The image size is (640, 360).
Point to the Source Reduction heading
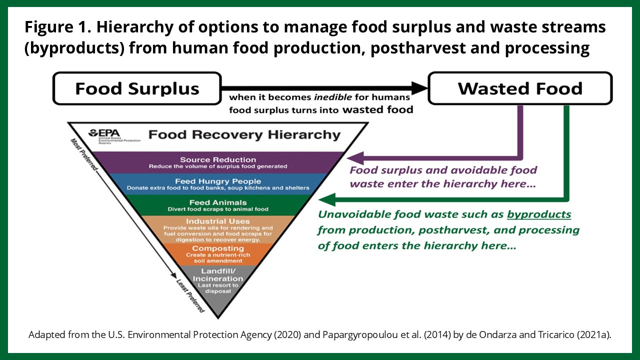(218, 159)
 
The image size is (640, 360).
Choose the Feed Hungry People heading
(218, 181)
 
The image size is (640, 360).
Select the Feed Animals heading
(218, 202)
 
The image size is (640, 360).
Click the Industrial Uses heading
(218, 221)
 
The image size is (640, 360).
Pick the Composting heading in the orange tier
(218, 248)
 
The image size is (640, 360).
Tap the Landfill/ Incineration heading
(218, 274)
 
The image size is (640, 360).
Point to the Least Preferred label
(190, 295)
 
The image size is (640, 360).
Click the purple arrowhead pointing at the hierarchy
(355, 158)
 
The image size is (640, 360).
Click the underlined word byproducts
(539, 214)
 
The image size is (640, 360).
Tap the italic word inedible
(333, 97)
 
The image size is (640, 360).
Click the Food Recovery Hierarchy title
(244, 134)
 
